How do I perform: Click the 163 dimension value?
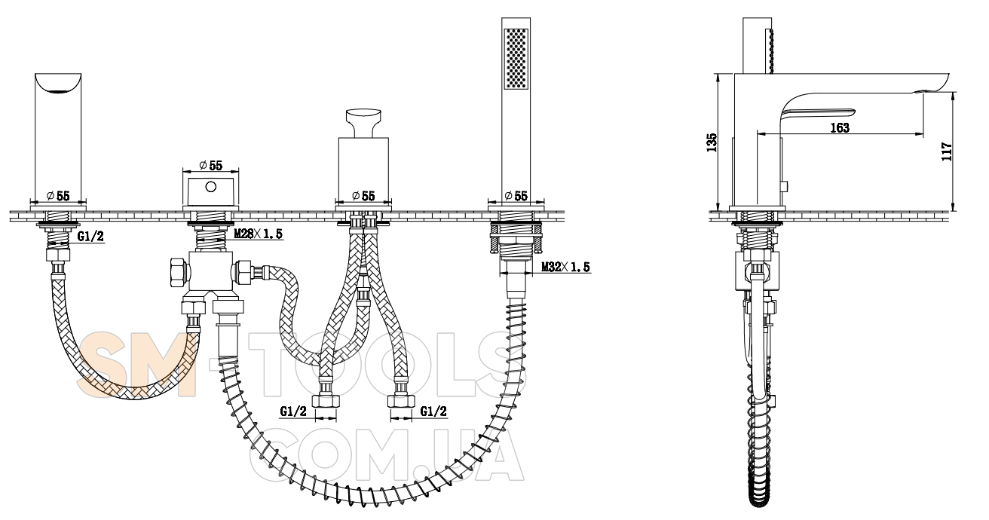tap(839, 127)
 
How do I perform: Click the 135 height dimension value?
tap(712, 142)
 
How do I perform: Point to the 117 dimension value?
tap(947, 151)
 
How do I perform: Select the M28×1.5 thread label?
tap(258, 234)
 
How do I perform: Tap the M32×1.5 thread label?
tap(565, 267)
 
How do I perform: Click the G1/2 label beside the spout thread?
tap(90, 237)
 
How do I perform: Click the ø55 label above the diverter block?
tap(210, 166)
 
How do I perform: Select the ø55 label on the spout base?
tap(58, 195)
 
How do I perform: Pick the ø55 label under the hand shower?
tap(516, 195)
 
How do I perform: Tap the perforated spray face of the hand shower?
tap(516, 59)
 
